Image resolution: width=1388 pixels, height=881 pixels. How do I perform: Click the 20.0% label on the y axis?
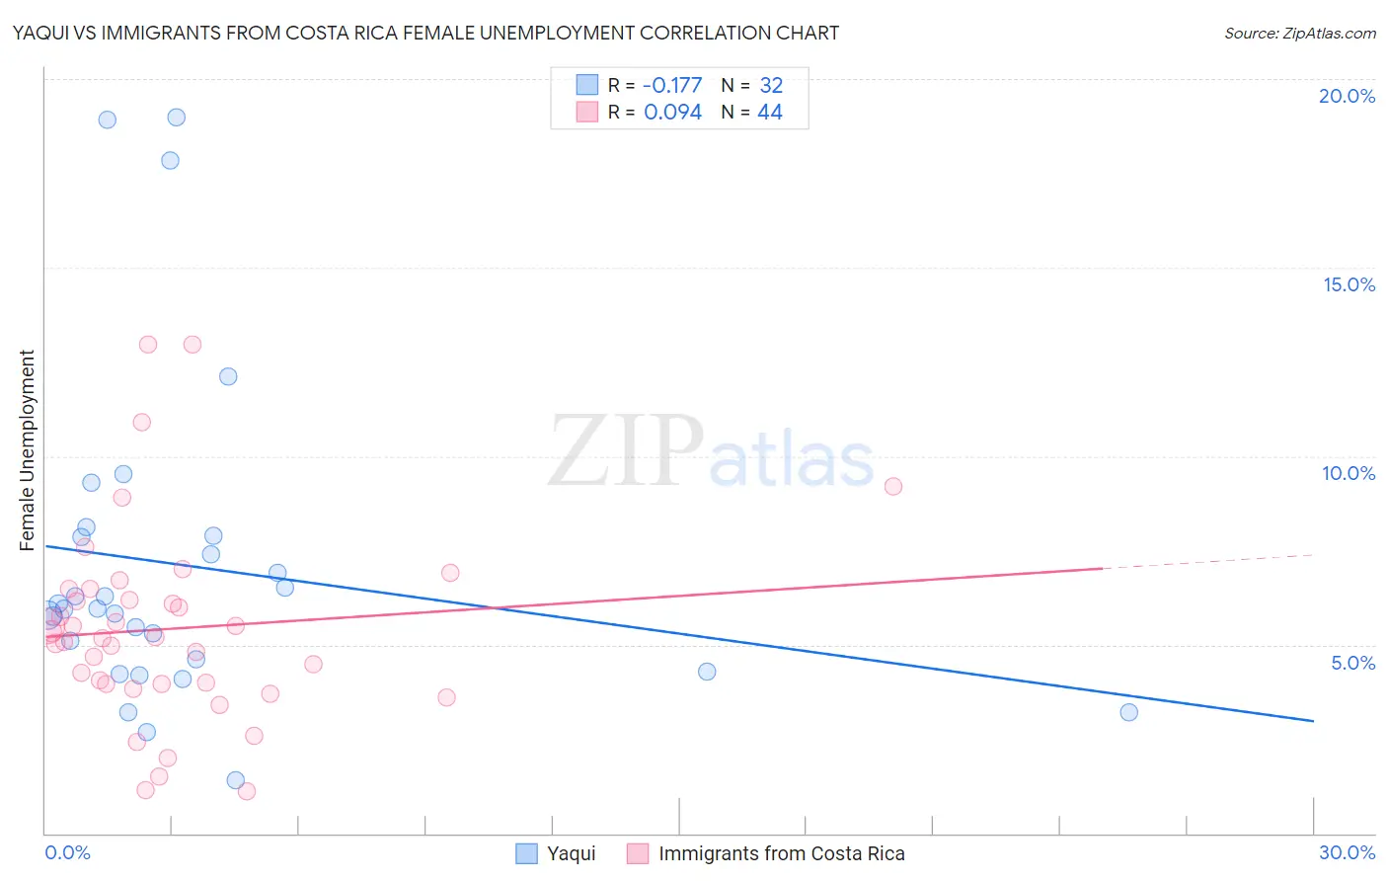tap(1347, 96)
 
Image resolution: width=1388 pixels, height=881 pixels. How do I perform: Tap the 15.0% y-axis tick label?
tap(1349, 284)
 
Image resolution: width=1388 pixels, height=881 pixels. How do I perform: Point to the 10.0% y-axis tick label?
tap(1349, 473)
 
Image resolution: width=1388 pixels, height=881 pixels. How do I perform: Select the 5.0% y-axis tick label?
tap(1352, 663)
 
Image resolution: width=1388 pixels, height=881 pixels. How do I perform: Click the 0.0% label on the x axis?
tap(67, 852)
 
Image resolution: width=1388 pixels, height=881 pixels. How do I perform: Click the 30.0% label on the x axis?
tap(1347, 852)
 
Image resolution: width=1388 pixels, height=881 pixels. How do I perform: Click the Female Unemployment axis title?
tap(27, 450)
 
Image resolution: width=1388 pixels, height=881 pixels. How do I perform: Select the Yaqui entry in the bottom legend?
tap(571, 853)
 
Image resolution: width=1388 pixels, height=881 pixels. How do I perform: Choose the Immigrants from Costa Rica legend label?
tap(781, 853)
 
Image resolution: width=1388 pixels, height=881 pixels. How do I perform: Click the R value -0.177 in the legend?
tap(672, 86)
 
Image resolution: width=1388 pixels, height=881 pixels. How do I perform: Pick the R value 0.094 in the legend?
tap(672, 113)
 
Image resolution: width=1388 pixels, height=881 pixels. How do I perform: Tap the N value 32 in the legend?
tap(770, 86)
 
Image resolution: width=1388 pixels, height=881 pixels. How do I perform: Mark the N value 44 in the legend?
tap(770, 113)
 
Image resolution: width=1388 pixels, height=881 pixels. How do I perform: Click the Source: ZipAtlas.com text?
tap(1299, 34)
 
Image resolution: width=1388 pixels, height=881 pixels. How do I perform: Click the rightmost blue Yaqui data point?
tap(1128, 712)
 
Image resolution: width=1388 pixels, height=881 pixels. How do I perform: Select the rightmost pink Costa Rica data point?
tap(893, 486)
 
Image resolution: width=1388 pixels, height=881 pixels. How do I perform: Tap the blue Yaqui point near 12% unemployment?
tap(228, 376)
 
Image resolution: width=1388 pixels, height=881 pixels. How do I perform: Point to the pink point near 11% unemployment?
tap(141, 422)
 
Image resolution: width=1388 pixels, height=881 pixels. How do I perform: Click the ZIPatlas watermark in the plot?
tap(711, 453)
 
